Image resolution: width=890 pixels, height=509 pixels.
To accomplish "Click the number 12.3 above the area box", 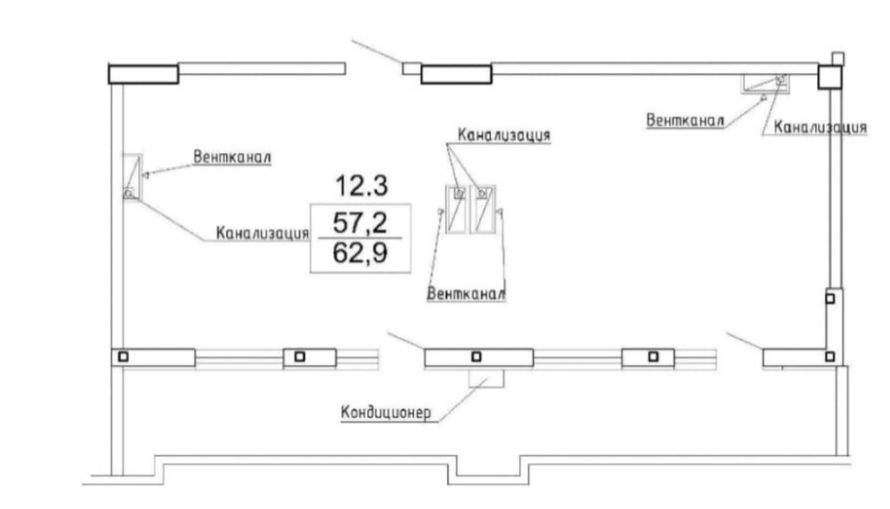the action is (x=362, y=186).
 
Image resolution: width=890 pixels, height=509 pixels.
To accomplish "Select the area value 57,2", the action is (x=360, y=222).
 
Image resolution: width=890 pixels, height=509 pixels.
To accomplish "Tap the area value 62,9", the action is (x=360, y=253).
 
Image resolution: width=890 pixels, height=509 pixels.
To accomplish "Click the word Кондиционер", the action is (x=386, y=412).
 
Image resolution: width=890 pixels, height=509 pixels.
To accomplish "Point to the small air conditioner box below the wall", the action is (x=487, y=378).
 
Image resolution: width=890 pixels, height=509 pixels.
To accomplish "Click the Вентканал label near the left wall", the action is (x=232, y=157).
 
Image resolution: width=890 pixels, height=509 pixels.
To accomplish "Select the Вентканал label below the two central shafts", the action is (x=466, y=294).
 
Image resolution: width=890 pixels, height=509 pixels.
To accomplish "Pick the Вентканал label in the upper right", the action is (x=685, y=120).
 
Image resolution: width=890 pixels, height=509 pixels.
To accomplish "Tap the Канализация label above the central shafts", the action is (x=504, y=135).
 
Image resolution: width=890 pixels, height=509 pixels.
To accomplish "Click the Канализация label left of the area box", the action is (x=263, y=232).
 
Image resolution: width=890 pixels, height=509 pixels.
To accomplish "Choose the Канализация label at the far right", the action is (x=821, y=127).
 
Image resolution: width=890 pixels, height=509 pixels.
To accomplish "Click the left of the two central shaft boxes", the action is (x=456, y=209).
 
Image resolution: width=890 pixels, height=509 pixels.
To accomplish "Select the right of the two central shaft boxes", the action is (x=482, y=209).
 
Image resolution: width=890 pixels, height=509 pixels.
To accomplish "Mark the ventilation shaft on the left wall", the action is (x=133, y=176).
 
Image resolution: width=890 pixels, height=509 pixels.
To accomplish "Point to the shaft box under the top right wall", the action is (x=765, y=84).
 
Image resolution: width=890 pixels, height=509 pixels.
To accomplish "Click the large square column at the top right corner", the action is (x=829, y=77).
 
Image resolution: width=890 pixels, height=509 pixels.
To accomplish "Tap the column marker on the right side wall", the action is (x=829, y=298).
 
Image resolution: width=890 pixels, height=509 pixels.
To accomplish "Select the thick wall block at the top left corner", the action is (x=143, y=75).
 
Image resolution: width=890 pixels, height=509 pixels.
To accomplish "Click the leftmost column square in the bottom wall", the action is (x=123, y=357).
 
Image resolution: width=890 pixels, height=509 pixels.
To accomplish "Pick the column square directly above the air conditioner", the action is (x=477, y=357).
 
